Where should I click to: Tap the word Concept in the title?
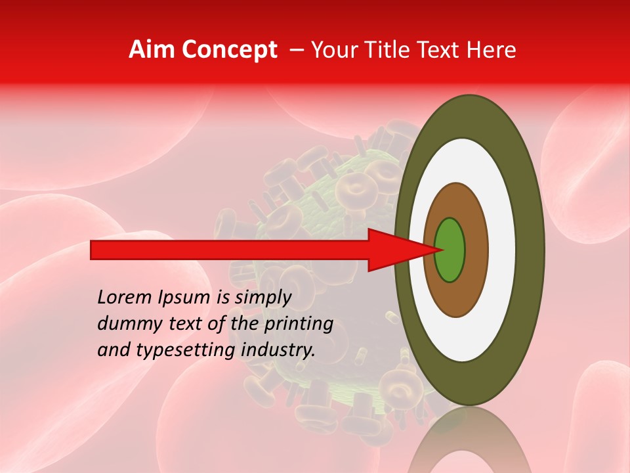229,50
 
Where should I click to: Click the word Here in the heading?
492,50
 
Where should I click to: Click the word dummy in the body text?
125,325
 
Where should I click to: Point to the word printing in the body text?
299,325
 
